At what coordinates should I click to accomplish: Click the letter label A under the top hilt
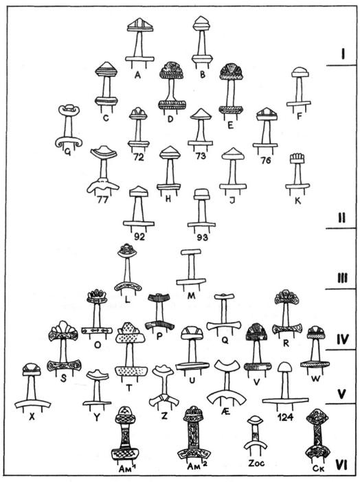tap(137, 74)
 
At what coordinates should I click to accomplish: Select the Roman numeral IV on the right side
tap(342, 339)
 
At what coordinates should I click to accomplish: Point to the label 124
tap(285, 417)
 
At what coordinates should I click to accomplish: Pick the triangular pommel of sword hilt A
tap(140, 24)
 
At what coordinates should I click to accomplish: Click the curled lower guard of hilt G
tap(69, 142)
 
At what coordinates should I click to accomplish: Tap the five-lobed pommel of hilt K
tap(297, 159)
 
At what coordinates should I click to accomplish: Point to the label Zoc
tap(256, 463)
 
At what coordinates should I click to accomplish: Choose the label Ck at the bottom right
tap(317, 468)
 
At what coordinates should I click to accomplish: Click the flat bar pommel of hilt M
tap(191, 252)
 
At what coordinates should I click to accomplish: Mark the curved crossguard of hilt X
tap(32, 404)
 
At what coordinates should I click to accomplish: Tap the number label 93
tap(201, 238)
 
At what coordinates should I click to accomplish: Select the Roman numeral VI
tap(341, 465)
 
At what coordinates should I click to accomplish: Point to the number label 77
tap(102, 200)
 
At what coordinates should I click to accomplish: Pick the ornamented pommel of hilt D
tap(172, 69)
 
